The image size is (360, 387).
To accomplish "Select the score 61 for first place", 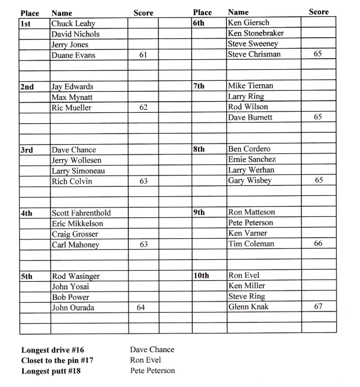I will pyautogui.click(x=143, y=55).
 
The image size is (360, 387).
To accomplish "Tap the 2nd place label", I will pyautogui.click(x=27, y=87).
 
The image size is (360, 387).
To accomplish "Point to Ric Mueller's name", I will pyautogui.click(x=71, y=107).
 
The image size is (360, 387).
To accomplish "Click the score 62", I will pyautogui.click(x=143, y=107).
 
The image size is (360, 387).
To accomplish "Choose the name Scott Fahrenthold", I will pyautogui.click(x=81, y=213).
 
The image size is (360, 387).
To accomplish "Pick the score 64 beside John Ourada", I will pyautogui.click(x=141, y=307).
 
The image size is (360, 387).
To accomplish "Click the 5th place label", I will pyautogui.click(x=27, y=277).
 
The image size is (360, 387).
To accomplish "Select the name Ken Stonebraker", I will pyautogui.click(x=256, y=33).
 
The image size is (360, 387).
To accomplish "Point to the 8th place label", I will pyautogui.click(x=199, y=149).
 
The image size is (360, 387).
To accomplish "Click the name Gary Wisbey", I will pyautogui.click(x=250, y=181).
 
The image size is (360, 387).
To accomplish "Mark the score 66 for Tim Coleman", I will pyautogui.click(x=318, y=243).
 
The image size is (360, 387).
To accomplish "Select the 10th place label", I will pyautogui.click(x=201, y=275).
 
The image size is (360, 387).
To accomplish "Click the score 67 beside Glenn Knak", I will pyautogui.click(x=318, y=306).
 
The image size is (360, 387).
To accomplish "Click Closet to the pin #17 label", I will pyautogui.click(x=57, y=360).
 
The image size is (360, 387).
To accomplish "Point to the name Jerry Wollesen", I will pyautogui.click(x=76, y=160).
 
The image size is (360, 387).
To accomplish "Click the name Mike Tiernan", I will pyautogui.click(x=251, y=85).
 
